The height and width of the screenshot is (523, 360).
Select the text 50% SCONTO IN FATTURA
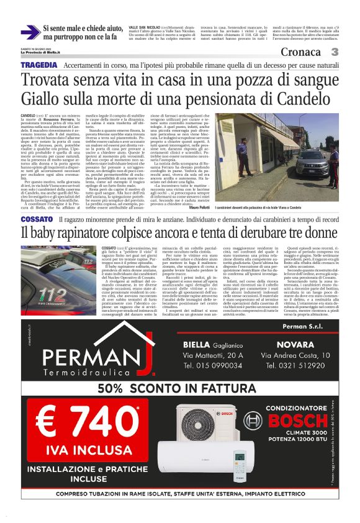click(180, 388)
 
